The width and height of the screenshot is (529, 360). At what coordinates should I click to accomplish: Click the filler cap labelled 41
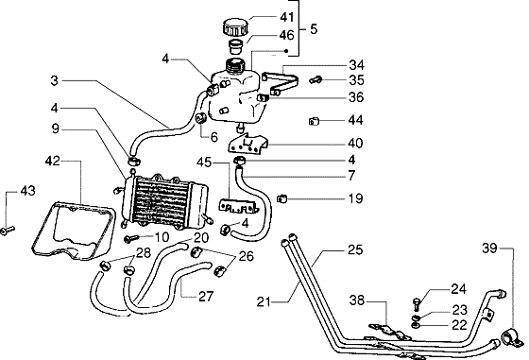[235, 27]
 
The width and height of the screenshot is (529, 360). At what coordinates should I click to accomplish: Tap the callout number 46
[286, 35]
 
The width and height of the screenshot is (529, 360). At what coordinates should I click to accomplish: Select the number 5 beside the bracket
[314, 29]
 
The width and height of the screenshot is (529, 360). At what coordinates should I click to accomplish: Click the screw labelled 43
[8, 231]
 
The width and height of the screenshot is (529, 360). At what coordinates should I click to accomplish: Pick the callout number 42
[52, 161]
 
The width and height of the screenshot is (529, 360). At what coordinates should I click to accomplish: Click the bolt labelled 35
[316, 80]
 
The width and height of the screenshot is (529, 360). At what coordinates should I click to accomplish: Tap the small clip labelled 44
[314, 121]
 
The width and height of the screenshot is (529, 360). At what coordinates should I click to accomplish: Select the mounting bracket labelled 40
[247, 144]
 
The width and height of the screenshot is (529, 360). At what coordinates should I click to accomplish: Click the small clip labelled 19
[282, 198]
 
